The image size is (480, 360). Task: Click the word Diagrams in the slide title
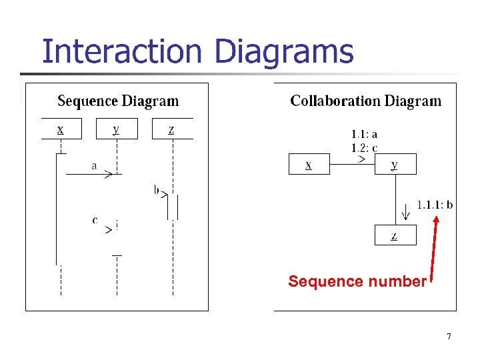(x=284, y=53)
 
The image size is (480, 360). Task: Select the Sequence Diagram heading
(x=118, y=101)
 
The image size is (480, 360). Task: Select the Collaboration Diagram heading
(x=365, y=101)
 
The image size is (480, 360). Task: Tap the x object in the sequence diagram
(x=61, y=129)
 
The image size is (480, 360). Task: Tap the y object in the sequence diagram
(x=117, y=129)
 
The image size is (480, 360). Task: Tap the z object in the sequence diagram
(x=172, y=129)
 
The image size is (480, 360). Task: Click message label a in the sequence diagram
(x=95, y=165)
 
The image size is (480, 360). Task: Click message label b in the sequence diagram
(x=157, y=191)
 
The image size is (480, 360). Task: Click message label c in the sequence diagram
(x=95, y=219)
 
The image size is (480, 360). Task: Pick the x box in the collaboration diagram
(x=309, y=164)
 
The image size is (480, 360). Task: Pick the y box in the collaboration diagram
(x=395, y=164)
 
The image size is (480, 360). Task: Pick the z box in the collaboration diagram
(x=395, y=235)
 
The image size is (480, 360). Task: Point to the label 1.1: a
(x=364, y=135)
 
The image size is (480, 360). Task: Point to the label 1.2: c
(x=364, y=147)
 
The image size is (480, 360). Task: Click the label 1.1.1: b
(x=435, y=205)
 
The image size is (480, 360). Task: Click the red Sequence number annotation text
(x=357, y=282)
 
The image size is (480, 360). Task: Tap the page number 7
(x=449, y=336)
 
